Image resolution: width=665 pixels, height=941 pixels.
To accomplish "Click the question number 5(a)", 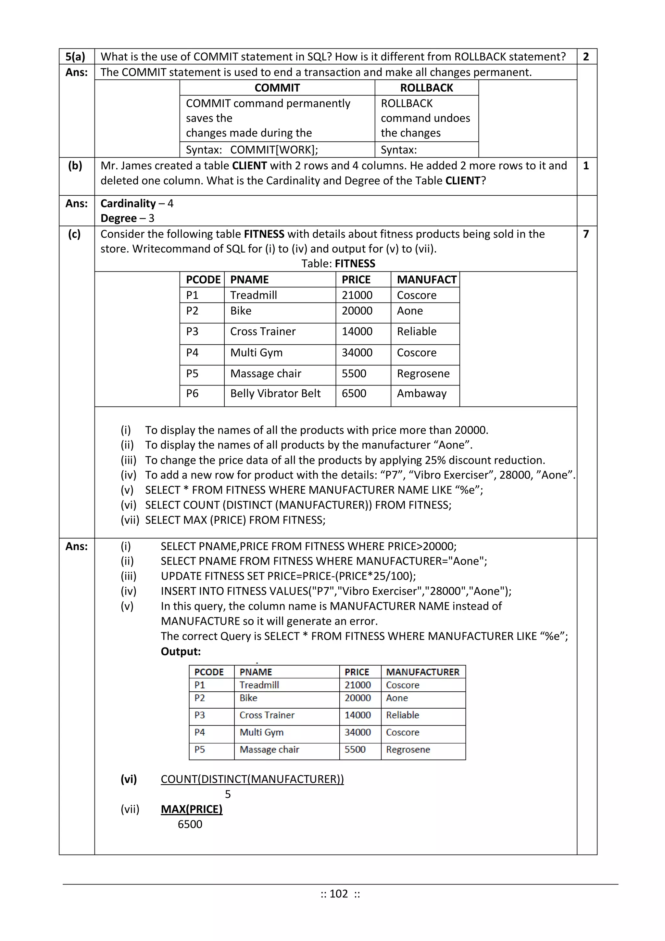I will (x=75, y=57).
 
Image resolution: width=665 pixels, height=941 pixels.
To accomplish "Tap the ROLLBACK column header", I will (x=426, y=88).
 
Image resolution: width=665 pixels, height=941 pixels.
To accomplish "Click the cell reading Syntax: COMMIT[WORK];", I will (x=252, y=150).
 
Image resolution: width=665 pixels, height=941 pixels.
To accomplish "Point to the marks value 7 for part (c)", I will (x=586, y=234).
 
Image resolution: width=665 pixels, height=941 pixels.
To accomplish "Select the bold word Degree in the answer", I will (x=118, y=218).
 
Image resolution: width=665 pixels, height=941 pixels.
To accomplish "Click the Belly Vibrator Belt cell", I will (x=275, y=393).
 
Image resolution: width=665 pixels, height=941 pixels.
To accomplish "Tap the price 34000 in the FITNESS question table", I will (x=357, y=352).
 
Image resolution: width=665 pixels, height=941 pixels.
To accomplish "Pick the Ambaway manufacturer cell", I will (x=421, y=393).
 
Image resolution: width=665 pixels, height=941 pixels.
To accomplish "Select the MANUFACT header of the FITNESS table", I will (x=426, y=280).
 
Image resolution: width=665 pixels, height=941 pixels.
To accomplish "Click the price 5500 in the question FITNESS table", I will (x=354, y=373).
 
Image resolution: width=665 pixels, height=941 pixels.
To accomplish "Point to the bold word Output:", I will (x=181, y=652).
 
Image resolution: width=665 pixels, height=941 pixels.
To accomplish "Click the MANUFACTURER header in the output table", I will (x=422, y=672).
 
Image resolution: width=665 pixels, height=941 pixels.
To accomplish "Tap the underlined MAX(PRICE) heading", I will (x=192, y=809).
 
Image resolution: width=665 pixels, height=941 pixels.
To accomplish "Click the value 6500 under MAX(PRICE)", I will (x=190, y=824).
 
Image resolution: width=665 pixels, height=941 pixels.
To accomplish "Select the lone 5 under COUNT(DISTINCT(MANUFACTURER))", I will (x=228, y=794).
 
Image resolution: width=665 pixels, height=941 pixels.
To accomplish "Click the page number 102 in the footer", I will (x=339, y=894).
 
